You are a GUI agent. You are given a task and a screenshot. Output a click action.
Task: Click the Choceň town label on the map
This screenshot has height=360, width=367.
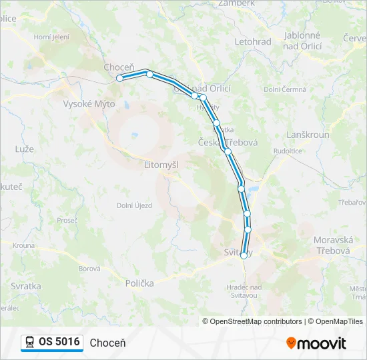[119, 67]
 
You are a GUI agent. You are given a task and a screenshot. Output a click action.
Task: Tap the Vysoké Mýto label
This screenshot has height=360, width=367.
[89, 104]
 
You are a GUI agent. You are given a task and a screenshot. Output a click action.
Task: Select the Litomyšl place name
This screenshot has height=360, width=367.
[161, 163]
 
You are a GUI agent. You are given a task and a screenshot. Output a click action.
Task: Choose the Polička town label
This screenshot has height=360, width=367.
[139, 283]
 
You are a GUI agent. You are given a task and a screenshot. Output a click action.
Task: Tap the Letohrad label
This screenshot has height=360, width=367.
[253, 42]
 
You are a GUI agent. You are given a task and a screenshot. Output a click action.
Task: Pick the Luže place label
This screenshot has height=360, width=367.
[24, 149]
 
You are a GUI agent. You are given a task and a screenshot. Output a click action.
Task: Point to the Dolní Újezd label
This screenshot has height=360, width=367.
[134, 205]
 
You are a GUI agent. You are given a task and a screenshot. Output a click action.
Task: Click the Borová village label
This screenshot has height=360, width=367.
[89, 269]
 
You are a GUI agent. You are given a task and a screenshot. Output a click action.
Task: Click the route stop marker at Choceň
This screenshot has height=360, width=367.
[120, 78]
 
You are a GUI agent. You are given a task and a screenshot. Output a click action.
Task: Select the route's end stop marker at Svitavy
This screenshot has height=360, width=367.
[244, 255]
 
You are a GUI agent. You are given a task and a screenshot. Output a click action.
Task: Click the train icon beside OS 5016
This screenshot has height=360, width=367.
[30, 342]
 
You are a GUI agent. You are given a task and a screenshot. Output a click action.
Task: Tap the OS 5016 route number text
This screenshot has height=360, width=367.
[59, 342]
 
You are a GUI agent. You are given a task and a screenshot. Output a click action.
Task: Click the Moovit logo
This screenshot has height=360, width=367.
[316, 343]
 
